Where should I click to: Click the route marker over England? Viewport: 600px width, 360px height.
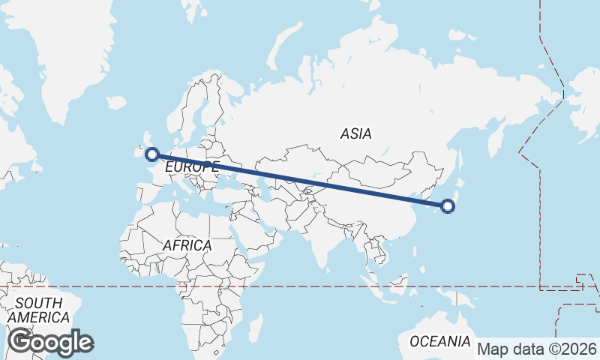(152, 155)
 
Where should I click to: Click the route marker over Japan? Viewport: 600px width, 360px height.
(448, 205)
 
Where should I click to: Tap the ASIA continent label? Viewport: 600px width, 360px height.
(355, 134)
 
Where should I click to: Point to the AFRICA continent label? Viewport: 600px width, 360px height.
(187, 245)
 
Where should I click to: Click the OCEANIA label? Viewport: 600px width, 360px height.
(439, 342)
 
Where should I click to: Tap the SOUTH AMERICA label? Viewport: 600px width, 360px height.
(39, 310)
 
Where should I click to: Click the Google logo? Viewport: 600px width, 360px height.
(50, 342)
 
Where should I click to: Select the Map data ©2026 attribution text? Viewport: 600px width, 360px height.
(537, 349)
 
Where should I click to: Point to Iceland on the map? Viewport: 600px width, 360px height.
(116, 103)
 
